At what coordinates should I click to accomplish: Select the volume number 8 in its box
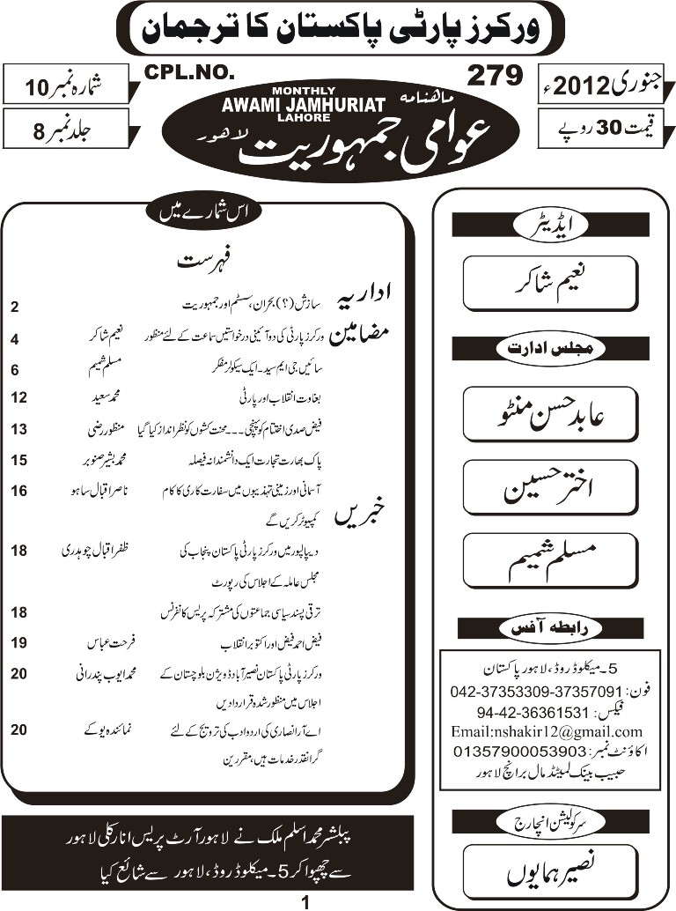point(35,129)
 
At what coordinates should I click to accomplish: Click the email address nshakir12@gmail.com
point(546,731)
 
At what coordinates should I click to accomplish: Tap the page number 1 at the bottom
point(305,901)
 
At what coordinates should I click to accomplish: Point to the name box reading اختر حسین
point(549,486)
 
